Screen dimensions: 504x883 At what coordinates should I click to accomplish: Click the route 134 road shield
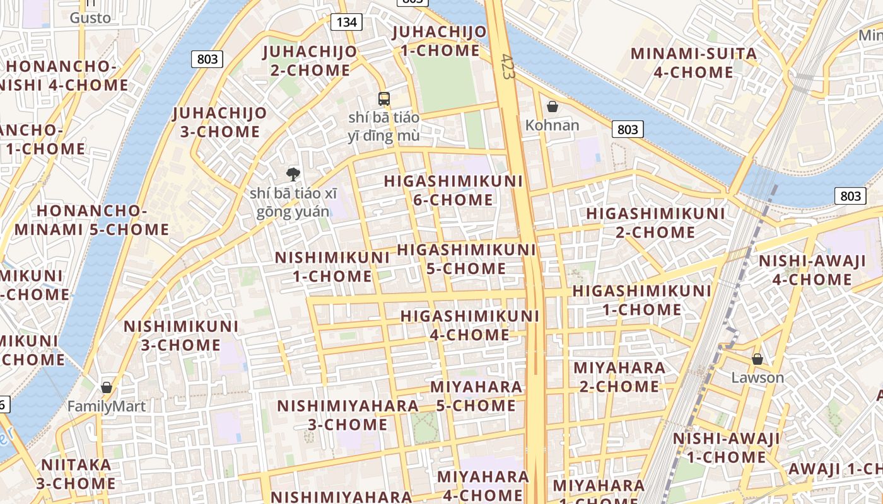click(346, 23)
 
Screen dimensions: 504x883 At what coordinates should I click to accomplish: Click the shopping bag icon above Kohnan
click(553, 106)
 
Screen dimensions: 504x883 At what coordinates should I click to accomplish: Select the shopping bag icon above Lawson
click(757, 359)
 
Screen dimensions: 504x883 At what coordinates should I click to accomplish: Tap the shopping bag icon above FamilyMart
click(107, 387)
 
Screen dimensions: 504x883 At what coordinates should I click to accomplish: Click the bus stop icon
click(383, 99)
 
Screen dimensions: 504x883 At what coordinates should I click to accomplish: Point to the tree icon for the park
click(293, 174)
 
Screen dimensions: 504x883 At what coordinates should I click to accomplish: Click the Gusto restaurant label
click(90, 18)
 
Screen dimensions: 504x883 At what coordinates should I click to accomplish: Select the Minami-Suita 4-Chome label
click(694, 63)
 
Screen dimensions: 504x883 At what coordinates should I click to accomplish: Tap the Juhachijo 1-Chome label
click(440, 41)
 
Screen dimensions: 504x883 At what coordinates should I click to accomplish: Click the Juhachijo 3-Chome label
click(219, 122)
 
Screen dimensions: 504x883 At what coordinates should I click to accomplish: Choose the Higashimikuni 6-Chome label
click(453, 190)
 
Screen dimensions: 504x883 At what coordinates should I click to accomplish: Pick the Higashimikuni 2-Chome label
click(656, 223)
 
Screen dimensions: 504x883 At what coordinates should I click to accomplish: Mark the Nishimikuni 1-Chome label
click(332, 266)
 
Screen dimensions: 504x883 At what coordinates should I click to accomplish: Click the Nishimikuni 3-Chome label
click(181, 336)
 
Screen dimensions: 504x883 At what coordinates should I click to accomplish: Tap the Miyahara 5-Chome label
click(476, 396)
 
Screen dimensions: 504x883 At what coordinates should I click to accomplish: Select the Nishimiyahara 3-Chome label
click(348, 415)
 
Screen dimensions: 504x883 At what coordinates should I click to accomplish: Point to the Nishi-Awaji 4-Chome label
click(812, 270)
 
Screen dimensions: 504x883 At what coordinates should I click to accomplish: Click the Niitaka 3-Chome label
click(76, 474)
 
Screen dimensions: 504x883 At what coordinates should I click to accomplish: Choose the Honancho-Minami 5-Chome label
click(92, 220)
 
